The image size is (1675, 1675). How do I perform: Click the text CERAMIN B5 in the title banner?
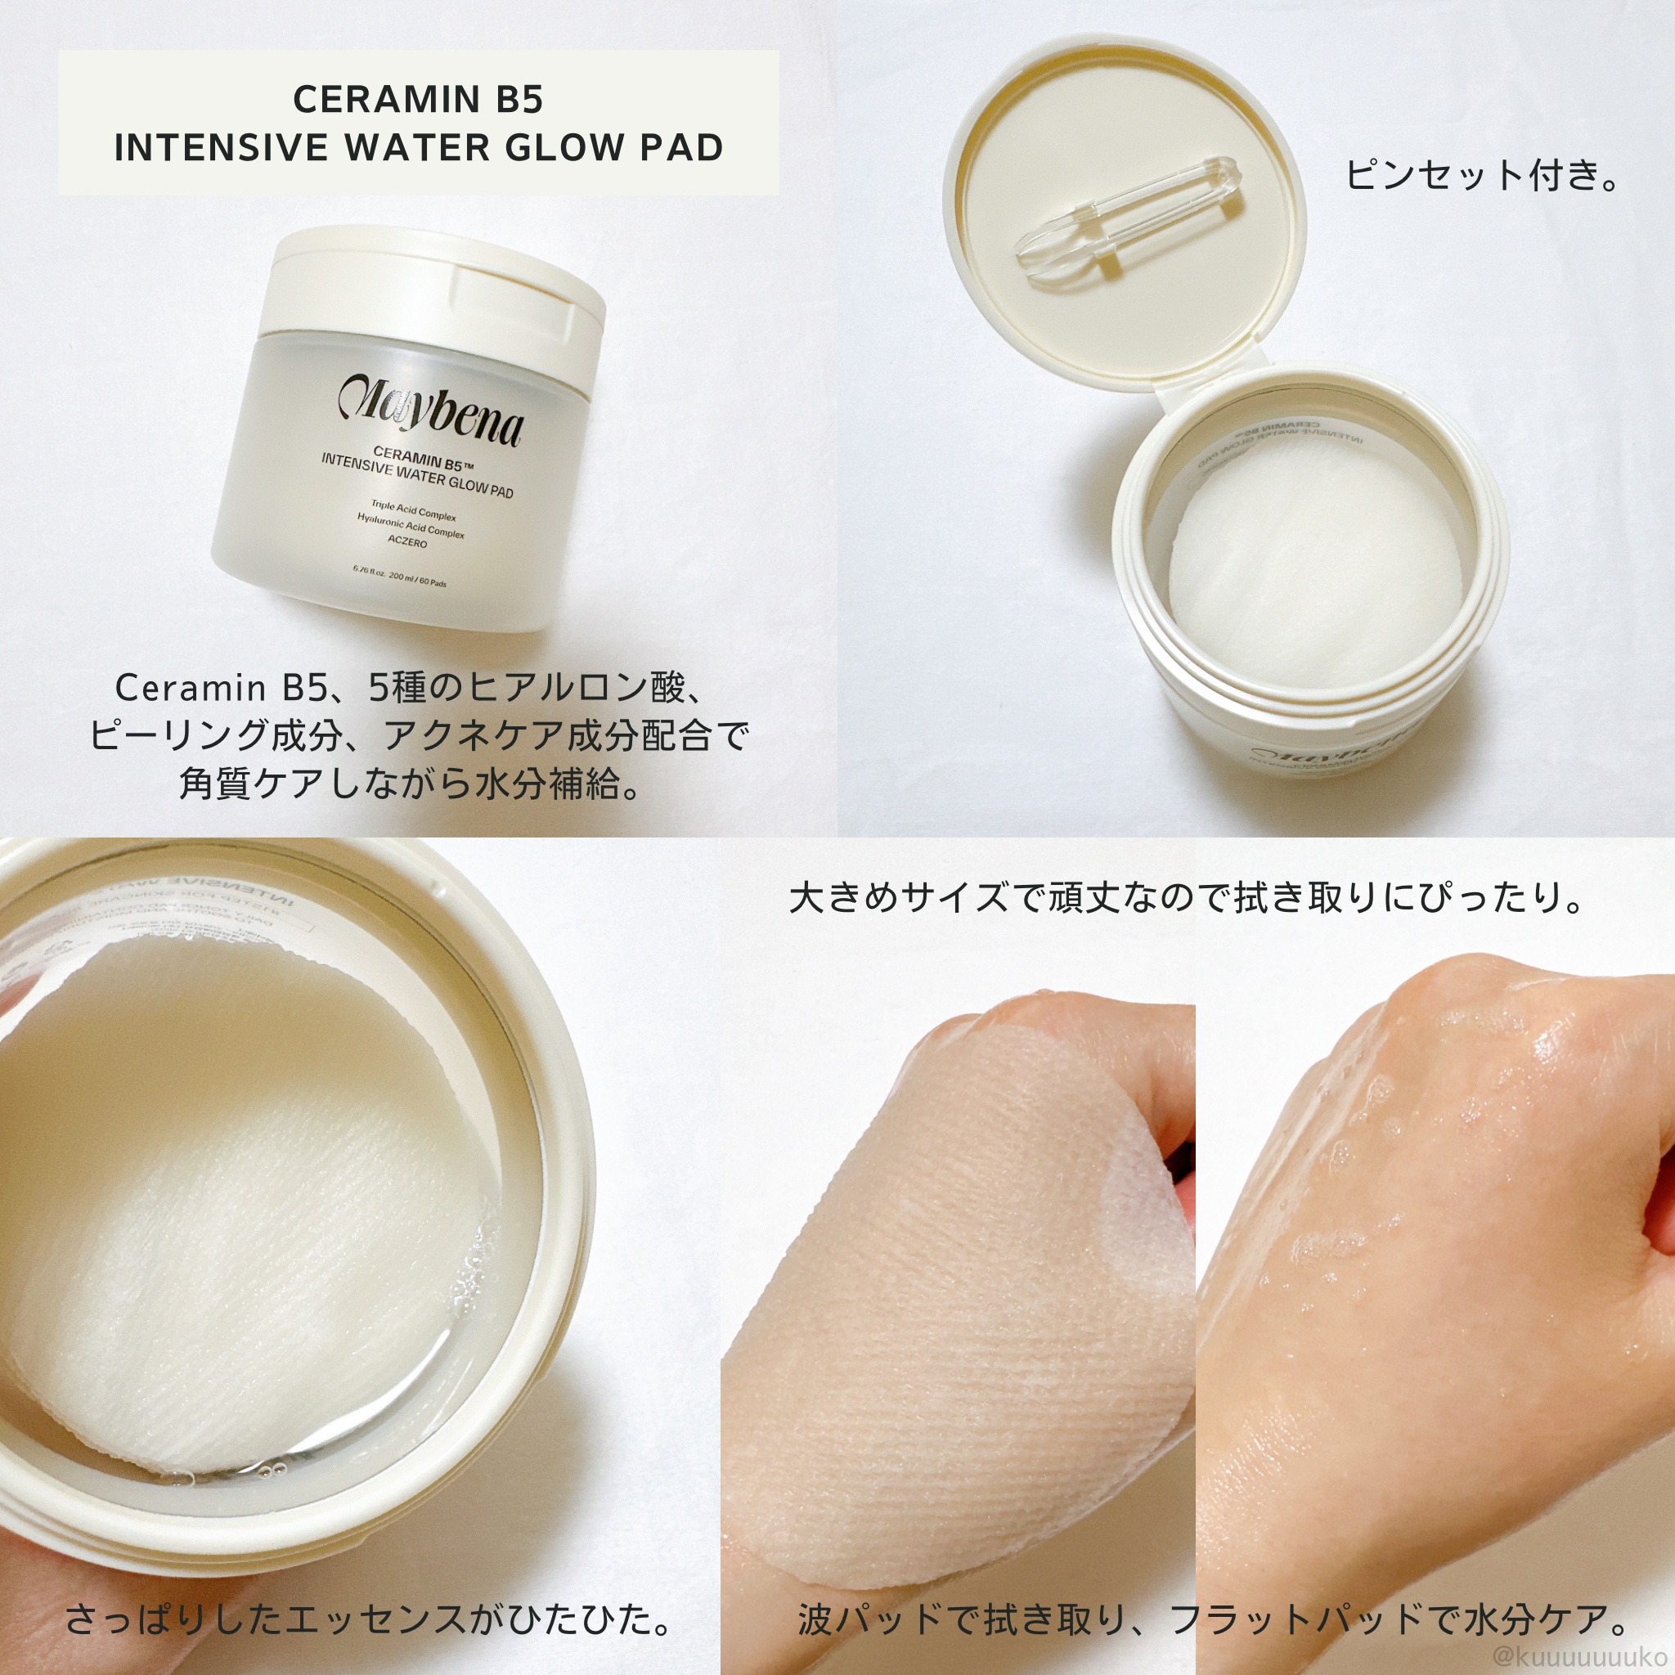[x=418, y=100]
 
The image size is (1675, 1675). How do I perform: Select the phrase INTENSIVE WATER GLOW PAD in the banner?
[x=418, y=148]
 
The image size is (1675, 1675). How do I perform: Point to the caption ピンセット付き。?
[x=1482, y=176]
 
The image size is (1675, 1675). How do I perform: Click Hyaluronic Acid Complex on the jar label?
[x=410, y=525]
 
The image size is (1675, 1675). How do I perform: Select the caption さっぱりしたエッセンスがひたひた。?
[x=369, y=1618]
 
